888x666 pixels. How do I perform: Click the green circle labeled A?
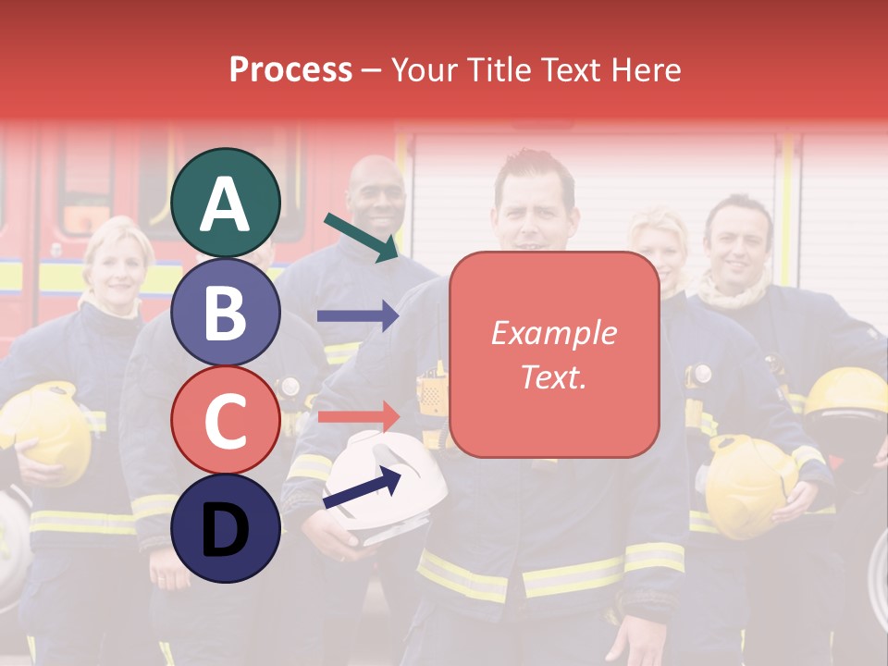(x=226, y=203)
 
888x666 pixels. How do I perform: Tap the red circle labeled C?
(x=226, y=420)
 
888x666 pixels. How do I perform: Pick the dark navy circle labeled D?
(x=226, y=528)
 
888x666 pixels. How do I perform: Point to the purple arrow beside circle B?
(x=357, y=315)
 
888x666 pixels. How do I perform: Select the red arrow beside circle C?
(x=357, y=415)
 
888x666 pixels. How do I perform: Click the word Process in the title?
(x=290, y=69)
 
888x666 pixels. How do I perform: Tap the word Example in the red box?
(x=553, y=334)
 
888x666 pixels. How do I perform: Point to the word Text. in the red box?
(x=553, y=376)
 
